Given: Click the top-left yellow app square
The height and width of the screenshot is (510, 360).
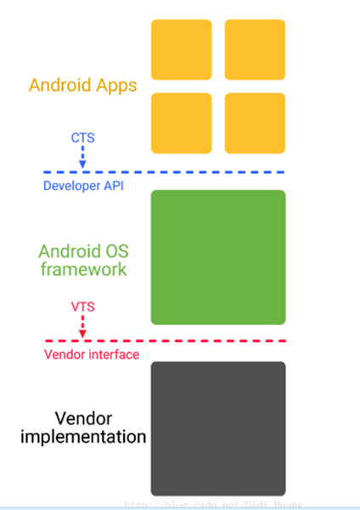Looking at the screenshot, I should (182, 49).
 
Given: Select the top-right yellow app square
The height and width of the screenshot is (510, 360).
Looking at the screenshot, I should (255, 49).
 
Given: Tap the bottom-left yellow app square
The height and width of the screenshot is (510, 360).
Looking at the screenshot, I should (182, 122).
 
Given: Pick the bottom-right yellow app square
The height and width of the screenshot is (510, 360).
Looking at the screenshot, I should (255, 122).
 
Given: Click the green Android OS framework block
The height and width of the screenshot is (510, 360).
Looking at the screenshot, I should (218, 257).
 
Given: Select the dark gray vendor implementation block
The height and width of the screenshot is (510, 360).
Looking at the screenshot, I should (218, 429).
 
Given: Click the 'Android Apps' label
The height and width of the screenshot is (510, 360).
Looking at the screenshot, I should (82, 86).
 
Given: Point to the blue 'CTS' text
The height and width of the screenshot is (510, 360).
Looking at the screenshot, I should (82, 136).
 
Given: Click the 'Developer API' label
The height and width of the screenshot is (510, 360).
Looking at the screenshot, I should (83, 186).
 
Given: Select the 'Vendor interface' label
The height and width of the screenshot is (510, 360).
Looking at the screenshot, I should (91, 354).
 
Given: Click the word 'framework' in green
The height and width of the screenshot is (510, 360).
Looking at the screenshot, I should (82, 270).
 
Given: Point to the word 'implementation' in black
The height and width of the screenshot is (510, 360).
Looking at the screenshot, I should (82, 438).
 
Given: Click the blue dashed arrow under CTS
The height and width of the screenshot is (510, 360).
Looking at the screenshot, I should (82, 156).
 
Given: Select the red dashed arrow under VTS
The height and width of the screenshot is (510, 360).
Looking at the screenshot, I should (82, 324).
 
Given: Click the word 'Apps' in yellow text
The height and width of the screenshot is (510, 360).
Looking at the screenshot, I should (115, 86).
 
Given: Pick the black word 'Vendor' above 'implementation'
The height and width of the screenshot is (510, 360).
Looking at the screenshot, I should (83, 419).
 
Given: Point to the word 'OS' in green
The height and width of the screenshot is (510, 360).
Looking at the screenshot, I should (115, 251).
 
